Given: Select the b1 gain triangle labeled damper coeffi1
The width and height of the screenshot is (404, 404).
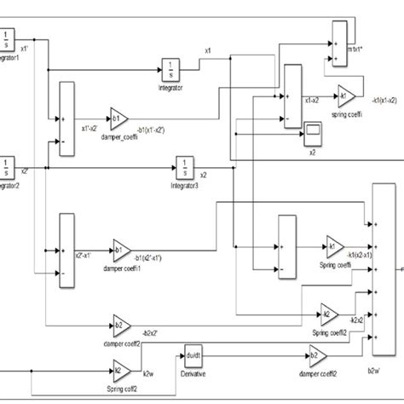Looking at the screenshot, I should point(120,253).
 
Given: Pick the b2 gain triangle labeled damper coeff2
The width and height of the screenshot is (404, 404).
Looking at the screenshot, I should point(119,324).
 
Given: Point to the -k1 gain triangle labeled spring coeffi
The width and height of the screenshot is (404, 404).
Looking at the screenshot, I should point(347,95).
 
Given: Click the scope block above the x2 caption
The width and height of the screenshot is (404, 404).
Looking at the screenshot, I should point(313,131).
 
